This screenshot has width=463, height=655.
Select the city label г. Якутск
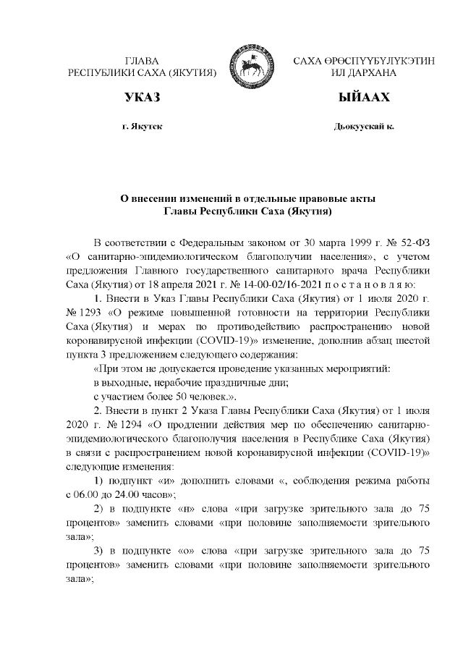(x=142, y=127)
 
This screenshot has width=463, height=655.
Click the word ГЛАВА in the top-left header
(x=142, y=62)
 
